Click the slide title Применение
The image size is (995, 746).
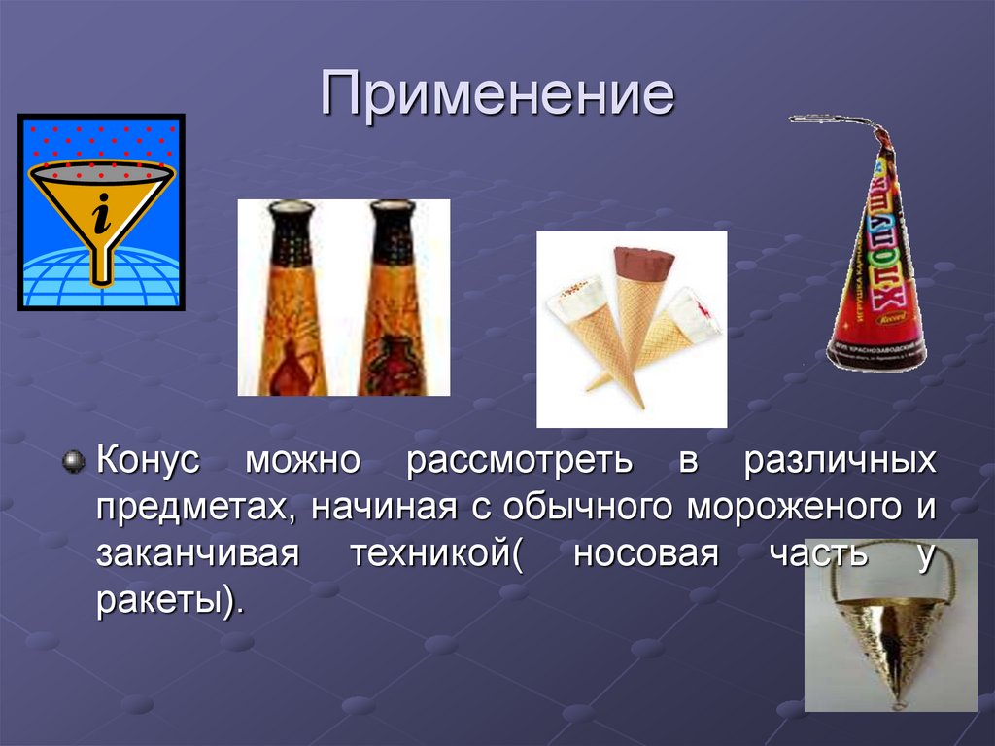coord(497,98)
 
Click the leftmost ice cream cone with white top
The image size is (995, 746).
coord(583,321)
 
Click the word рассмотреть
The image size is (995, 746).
coord(520,461)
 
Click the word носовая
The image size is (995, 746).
coord(646,554)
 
